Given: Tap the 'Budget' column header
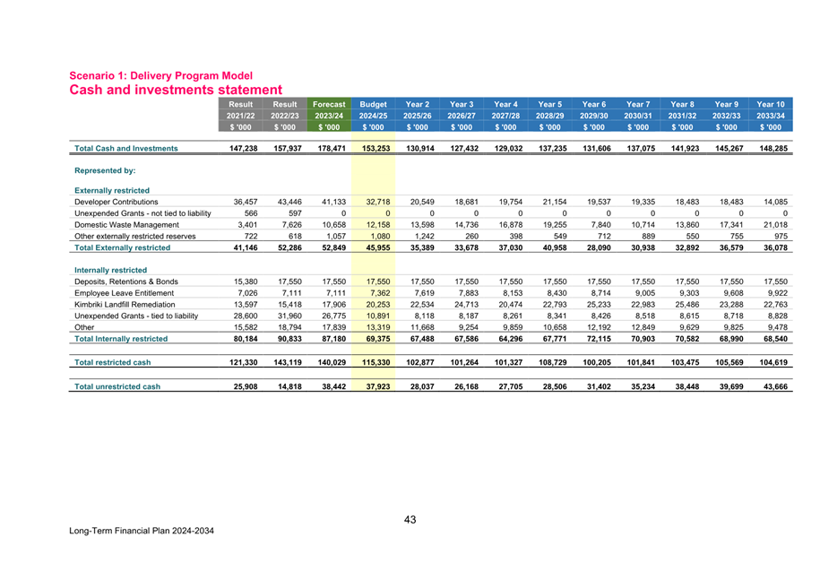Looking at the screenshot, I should (372, 105).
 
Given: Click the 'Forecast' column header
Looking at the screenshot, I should (328, 105).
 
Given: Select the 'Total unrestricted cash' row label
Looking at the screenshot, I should (118, 386).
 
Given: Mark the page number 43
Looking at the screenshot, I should (410, 520).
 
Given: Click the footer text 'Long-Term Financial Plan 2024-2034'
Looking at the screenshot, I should (142, 531).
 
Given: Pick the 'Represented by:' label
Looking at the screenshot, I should (105, 169).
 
